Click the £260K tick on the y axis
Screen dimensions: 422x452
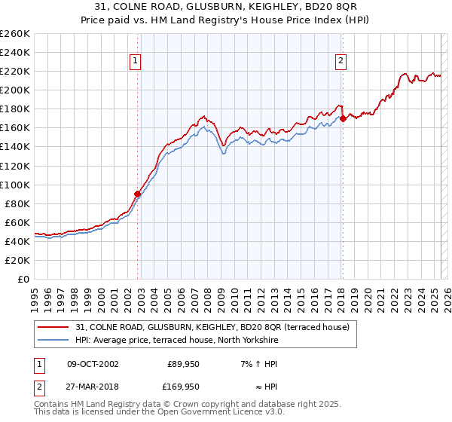[15, 34]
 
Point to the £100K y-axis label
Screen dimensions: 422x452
[15, 185]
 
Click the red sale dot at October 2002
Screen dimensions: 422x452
[138, 194]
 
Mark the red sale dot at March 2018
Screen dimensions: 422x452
[343, 118]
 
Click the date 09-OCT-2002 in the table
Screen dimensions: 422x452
[93, 364]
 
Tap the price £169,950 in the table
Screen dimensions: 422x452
[183, 387]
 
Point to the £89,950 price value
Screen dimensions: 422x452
[183, 364]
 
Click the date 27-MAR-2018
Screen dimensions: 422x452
[93, 387]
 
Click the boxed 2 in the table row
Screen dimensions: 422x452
[37, 387]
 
